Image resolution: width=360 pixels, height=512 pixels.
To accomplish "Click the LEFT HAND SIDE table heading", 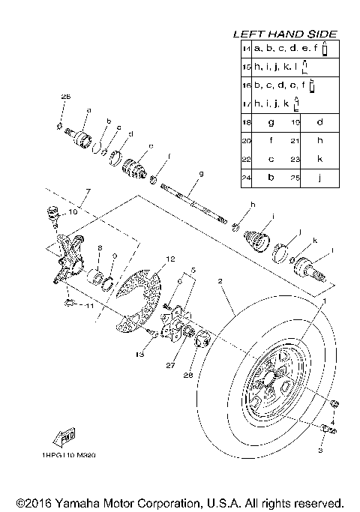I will tap(284, 34).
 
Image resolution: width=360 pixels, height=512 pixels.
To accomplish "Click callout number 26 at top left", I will tap(65, 97).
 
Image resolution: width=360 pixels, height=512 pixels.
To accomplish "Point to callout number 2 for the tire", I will tap(220, 283).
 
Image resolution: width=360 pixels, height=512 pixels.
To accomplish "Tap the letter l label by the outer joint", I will tap(331, 251).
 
